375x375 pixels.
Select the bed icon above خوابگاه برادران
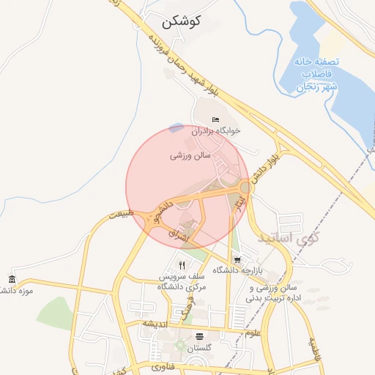(x=215, y=119)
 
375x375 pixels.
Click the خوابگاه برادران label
(x=216, y=132)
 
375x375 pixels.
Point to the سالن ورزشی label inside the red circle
(x=190, y=156)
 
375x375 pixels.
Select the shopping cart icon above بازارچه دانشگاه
(x=237, y=259)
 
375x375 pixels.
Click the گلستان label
(x=200, y=348)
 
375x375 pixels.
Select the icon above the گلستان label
(x=200, y=337)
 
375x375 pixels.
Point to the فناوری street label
(x=164, y=365)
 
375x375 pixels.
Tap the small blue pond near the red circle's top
(x=176, y=127)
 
